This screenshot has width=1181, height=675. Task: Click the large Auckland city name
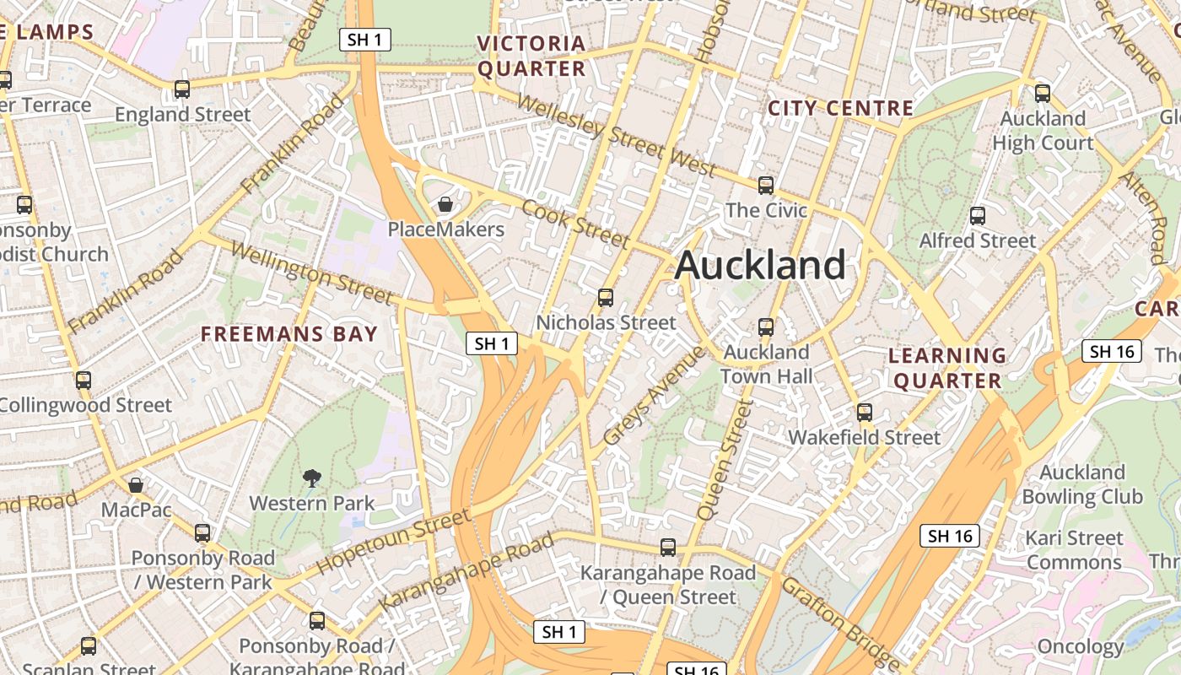760,266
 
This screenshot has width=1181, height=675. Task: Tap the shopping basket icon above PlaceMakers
445,204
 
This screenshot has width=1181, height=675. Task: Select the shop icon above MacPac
135,485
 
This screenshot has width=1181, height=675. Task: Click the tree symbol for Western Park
312,478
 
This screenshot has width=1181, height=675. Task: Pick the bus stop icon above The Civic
766,185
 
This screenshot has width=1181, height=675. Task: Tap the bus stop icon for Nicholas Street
605,297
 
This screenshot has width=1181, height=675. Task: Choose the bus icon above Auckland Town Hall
766,327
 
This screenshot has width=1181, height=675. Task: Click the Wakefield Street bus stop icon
865,413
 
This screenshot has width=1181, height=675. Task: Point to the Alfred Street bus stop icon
978,216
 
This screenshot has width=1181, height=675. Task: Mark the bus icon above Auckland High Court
1043,93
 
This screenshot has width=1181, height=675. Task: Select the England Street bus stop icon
181,89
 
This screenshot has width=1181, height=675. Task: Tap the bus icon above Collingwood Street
83,380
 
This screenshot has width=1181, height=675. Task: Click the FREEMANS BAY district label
289,334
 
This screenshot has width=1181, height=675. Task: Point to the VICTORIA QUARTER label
531,56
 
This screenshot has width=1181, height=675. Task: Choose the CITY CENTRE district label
840,108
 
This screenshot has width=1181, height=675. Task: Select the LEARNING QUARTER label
947,368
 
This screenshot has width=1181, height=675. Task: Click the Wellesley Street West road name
616,136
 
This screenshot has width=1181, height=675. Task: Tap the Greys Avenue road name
654,396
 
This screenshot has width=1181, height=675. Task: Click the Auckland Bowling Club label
1082,484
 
